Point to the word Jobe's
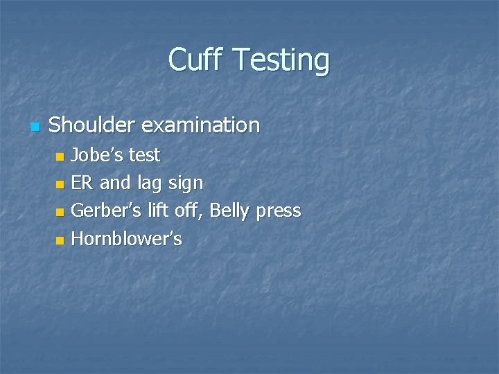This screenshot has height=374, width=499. click(93, 154)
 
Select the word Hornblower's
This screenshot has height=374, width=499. click(127, 239)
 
